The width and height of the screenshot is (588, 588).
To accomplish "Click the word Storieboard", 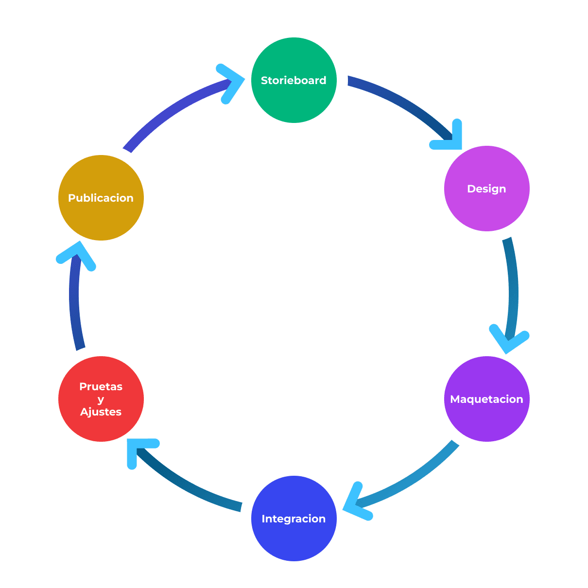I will click(x=294, y=81).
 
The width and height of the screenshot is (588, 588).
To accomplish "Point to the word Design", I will click(x=486, y=189).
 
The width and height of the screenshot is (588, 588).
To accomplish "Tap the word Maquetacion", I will click(x=486, y=399).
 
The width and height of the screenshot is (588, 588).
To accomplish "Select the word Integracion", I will click(x=294, y=519).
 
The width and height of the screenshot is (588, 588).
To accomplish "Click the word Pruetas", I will click(x=101, y=387).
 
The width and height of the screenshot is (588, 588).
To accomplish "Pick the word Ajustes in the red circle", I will click(x=101, y=412).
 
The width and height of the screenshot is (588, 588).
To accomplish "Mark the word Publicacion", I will click(x=101, y=198).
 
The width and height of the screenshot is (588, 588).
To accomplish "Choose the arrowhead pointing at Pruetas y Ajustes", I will click(x=138, y=449).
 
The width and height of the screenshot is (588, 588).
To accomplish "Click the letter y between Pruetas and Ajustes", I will click(x=101, y=400).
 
